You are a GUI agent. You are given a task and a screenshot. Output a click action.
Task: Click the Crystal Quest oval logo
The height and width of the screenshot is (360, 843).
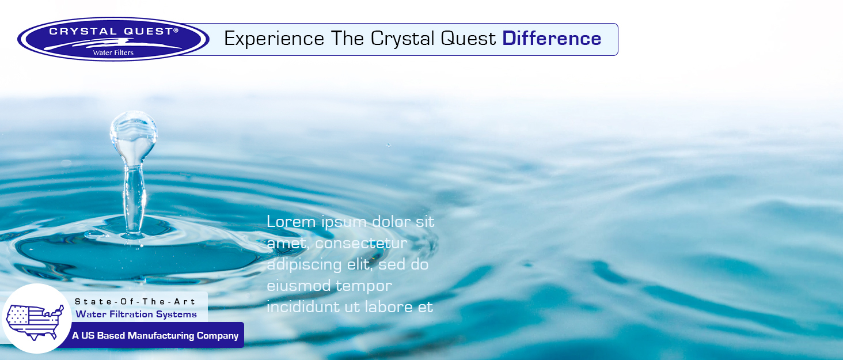(113, 39)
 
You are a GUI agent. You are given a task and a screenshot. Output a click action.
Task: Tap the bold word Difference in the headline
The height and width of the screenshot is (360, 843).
(552, 39)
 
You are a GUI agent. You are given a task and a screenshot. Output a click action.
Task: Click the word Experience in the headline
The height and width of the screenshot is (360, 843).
(274, 39)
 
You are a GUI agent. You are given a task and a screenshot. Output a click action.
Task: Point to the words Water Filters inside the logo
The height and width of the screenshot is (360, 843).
(113, 53)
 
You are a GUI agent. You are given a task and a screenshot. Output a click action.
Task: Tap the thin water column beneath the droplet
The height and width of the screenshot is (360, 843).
(133, 199)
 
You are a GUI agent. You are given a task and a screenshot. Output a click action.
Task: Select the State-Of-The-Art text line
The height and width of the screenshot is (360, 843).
(135, 302)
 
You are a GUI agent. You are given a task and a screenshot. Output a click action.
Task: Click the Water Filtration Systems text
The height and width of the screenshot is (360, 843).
(136, 314)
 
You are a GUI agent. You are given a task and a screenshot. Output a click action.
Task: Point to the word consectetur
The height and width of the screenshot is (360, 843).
(361, 243)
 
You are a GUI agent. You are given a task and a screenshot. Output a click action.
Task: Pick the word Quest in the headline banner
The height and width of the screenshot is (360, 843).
(468, 39)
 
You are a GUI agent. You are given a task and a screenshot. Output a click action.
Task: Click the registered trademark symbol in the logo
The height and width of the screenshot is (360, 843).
(176, 30)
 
